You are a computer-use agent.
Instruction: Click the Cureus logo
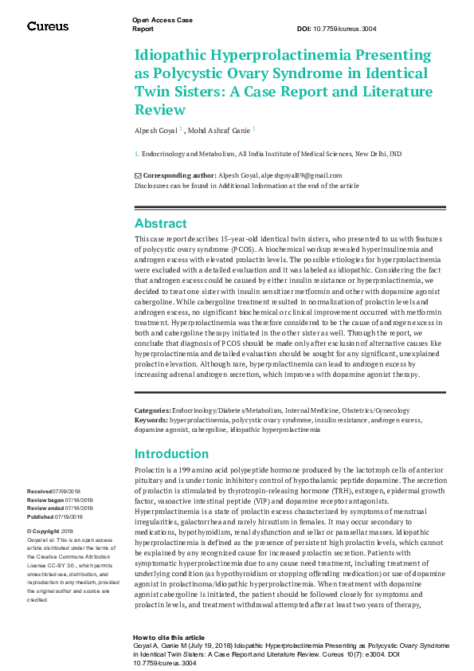pos(48,26)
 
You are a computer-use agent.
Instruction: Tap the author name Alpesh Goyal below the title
pos(155,128)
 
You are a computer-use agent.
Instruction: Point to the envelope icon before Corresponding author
pos(138,175)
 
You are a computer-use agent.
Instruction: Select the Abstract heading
pos(160,224)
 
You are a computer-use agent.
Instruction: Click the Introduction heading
pos(171,454)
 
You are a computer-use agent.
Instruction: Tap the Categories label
pos(152,410)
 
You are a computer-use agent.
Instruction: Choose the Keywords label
pos(151,418)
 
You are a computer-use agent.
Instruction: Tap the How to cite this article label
pos(169,638)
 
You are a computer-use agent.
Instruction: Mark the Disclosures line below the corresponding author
pos(246,185)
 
